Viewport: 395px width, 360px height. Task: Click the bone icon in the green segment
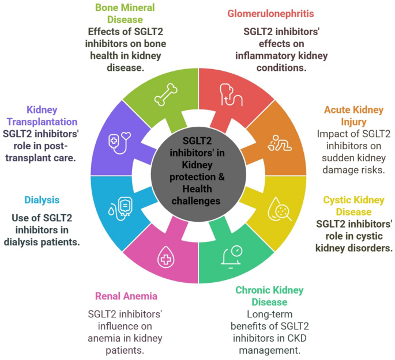point(165,94)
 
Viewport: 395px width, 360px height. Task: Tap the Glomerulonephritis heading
point(270,14)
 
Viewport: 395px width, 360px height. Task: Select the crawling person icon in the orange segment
point(280,143)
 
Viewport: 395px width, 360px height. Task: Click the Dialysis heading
point(42,200)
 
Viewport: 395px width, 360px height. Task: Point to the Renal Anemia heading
point(126,296)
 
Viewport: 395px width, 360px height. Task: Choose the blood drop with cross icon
point(165,257)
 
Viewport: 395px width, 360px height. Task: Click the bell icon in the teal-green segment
point(232,257)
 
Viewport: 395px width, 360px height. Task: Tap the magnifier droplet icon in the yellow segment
point(279,209)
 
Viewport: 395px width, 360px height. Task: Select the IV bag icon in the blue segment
point(121,209)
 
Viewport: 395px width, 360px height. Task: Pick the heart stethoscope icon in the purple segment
point(119,143)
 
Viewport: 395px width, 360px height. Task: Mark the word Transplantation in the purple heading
point(42,122)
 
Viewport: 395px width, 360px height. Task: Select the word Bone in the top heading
point(106,7)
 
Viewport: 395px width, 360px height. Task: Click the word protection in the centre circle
point(193,177)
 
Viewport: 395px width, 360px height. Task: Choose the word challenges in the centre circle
point(196,201)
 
